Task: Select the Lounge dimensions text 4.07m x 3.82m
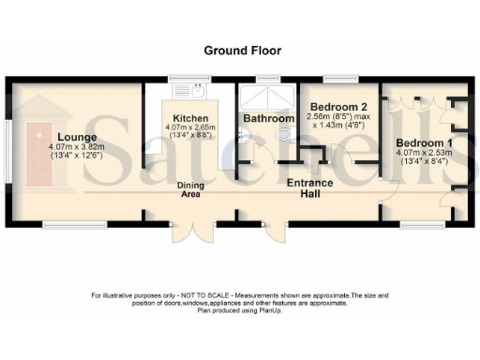pyautogui.click(x=77, y=146)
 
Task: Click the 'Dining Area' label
pyautogui.click(x=191, y=190)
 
